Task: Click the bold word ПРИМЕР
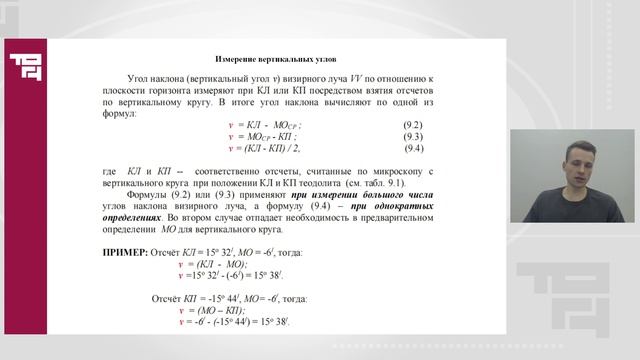coord(125,253)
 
